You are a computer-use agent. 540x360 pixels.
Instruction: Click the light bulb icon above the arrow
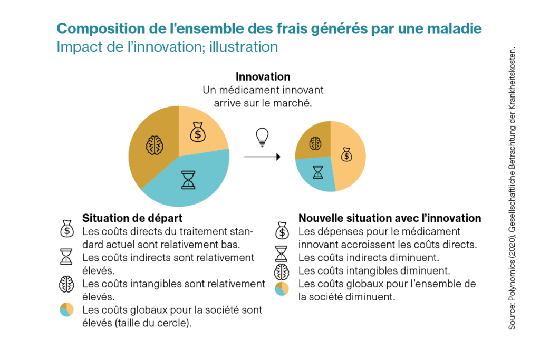(x=262, y=137)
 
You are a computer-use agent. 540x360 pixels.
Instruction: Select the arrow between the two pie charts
(x=262, y=157)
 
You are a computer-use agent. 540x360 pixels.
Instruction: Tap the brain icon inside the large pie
(x=154, y=145)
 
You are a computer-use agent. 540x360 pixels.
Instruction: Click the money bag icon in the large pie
(x=198, y=132)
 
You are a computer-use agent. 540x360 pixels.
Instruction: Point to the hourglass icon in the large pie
(x=188, y=179)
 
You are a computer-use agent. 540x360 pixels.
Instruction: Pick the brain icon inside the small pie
(x=315, y=143)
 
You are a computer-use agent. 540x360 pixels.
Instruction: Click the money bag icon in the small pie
(x=346, y=154)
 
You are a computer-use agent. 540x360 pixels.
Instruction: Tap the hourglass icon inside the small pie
(x=317, y=172)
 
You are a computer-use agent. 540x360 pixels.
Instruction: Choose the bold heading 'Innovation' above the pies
(x=263, y=77)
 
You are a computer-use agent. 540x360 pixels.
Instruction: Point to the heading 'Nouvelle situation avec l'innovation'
(x=390, y=218)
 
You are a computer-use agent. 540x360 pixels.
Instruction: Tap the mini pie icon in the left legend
(x=66, y=310)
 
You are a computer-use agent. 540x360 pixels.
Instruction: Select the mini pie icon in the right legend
(x=282, y=289)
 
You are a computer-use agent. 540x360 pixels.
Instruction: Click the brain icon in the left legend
(x=66, y=284)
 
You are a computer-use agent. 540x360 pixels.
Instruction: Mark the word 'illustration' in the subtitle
(x=243, y=47)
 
